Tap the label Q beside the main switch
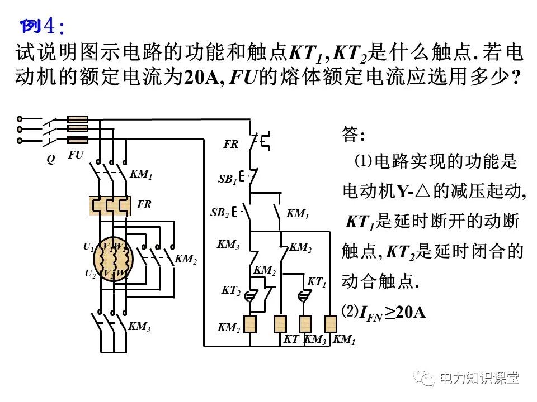tap(50, 159)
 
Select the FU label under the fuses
tap(76, 155)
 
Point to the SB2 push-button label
tap(220, 213)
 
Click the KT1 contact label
tap(317, 283)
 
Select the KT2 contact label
tap(230, 290)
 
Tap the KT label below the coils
tap(291, 339)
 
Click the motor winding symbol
tap(114, 260)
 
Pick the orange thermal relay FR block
tap(110, 205)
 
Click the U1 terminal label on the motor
tap(88, 246)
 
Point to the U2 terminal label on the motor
tap(90, 274)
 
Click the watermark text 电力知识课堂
tap(479, 378)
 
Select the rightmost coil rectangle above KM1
tap(329, 323)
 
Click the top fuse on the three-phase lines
tap(77, 119)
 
